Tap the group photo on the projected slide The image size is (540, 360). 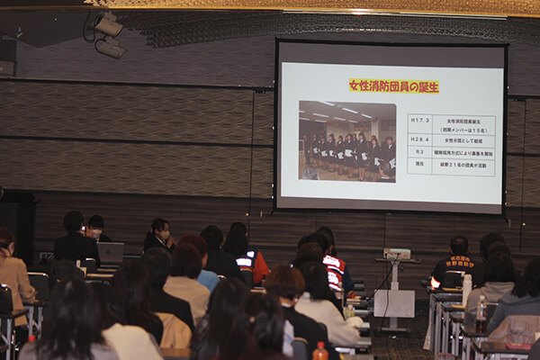(x=347, y=140)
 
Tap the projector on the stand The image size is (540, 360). (x=397, y=254)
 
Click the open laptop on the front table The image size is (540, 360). (x=111, y=252)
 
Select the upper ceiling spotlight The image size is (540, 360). (x=109, y=25)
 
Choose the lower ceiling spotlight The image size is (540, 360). (x=111, y=49)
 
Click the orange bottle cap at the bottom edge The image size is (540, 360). (x=320, y=346)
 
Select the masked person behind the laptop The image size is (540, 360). (x=95, y=227)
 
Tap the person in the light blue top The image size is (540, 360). (x=202, y=265)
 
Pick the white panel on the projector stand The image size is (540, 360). (x=394, y=302)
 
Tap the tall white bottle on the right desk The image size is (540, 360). (x=466, y=290)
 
